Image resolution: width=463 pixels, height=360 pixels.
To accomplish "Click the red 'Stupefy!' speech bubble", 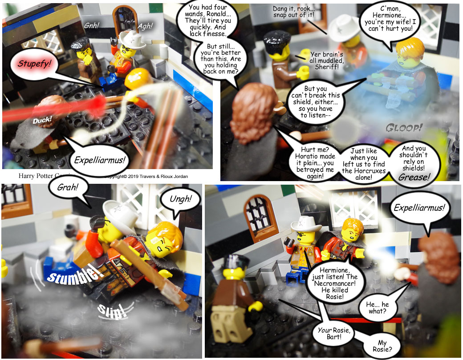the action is tap(34, 64).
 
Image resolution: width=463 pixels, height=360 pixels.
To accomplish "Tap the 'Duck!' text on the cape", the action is tap(42, 120).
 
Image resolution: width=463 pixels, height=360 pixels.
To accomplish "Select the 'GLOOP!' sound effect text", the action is tap(404, 128).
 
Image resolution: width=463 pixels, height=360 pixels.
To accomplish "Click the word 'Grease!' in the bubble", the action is tap(414, 177).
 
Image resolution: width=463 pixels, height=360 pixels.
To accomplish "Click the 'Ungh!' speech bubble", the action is tap(180, 201).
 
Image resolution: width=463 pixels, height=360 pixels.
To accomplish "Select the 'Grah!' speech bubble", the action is tap(69, 188).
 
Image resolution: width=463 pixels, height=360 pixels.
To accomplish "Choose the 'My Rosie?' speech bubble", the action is tap(382, 346).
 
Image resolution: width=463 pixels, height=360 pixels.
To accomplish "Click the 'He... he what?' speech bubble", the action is tap(378, 307).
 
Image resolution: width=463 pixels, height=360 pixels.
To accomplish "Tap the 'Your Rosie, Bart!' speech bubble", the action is tap(334, 333).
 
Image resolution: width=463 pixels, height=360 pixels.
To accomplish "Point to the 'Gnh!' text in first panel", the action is tap(92, 26).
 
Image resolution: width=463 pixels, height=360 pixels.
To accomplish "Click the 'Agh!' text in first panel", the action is tap(145, 26).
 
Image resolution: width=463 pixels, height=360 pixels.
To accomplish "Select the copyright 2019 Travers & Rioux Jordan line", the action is tap(146, 177).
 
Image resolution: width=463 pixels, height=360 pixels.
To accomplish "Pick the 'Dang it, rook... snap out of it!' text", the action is tap(294, 12).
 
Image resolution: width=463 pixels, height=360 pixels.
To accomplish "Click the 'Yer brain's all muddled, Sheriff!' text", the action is tap(327, 61).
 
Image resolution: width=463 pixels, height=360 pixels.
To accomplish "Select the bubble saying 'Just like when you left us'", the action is tap(364, 164).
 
